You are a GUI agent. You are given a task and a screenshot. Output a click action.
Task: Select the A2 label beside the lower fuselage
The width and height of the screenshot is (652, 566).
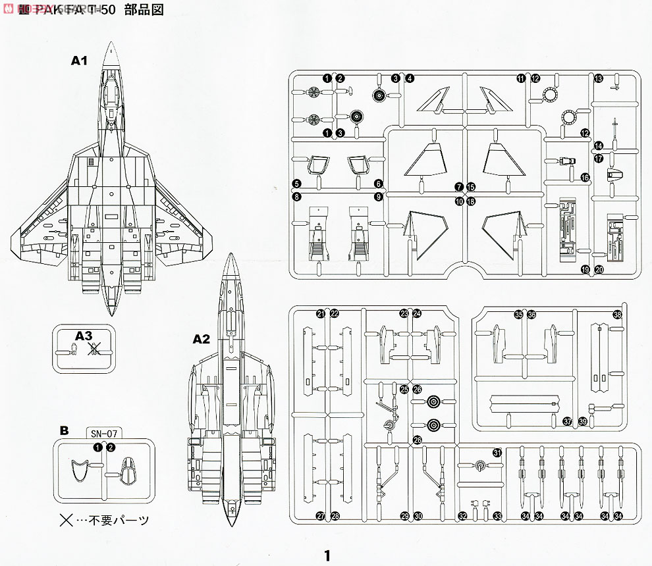[x=201, y=340]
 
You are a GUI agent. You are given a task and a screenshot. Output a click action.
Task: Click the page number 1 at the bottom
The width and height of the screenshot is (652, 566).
[x=326, y=555]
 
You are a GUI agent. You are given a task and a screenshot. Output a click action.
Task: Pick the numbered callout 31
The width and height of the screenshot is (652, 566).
[x=497, y=453]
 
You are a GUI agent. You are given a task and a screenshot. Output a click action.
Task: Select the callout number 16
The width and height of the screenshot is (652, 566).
[x=584, y=178]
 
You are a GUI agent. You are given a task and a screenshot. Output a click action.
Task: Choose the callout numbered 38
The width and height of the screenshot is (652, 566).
[x=617, y=315]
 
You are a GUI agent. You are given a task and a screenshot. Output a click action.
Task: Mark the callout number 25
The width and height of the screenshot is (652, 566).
[x=404, y=389]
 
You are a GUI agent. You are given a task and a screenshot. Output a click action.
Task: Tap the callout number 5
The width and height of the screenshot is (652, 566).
[x=297, y=183]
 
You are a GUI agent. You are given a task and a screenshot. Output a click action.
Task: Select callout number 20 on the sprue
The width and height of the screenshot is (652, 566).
[x=599, y=269]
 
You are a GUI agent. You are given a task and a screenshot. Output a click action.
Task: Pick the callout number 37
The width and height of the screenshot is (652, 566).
[x=568, y=421]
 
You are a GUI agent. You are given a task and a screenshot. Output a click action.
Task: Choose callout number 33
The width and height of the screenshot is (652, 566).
[x=497, y=515]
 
